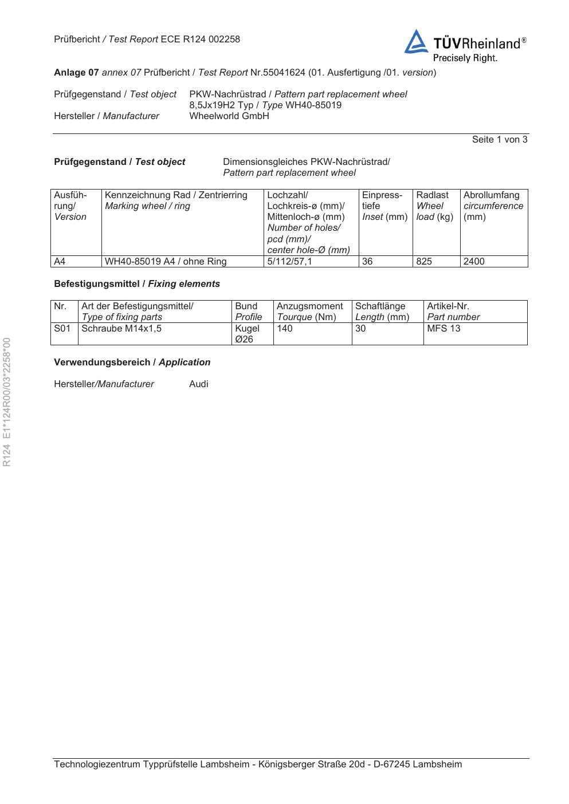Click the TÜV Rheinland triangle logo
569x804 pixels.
pos(416,42)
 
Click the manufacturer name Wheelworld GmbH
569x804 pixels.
pos(229,116)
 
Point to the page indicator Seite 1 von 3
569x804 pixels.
pos(499,140)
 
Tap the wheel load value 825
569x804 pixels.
pos(424,262)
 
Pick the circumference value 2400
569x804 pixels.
pos(474,262)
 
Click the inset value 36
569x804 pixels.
pos(367,262)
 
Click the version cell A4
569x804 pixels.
pos(60,262)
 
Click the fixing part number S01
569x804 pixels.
pos(62,329)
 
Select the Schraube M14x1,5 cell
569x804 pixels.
pos(121,329)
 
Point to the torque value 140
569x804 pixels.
pos(284,329)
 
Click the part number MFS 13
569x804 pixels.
pos(444,329)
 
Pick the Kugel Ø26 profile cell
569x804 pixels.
pos(247,334)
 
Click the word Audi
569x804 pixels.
pos(199,384)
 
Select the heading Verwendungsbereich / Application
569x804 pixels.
pos(132,362)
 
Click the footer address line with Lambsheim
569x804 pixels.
pos(258,764)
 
